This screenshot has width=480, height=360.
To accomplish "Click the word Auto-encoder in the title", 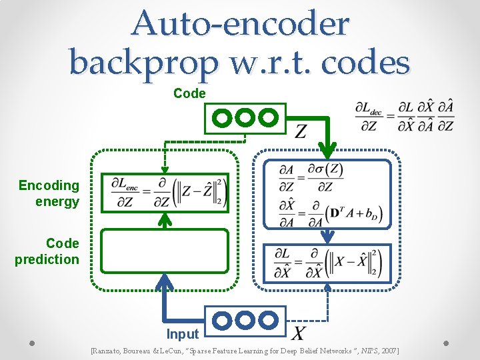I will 240,24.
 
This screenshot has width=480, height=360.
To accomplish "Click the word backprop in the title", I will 143,63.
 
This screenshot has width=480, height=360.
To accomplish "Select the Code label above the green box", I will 189,94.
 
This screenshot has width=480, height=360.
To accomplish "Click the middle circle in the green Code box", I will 245,118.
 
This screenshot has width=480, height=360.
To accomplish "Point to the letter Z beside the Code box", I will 301,131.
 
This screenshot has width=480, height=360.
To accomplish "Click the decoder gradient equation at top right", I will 405,117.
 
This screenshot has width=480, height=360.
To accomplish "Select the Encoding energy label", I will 49,193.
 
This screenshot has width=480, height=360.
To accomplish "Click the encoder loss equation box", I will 165,193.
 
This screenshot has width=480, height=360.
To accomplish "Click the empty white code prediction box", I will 165,251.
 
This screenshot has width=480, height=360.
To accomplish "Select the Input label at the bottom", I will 183,334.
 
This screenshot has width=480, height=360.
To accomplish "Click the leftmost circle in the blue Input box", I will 223,320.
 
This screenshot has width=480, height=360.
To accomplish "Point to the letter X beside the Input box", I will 301,332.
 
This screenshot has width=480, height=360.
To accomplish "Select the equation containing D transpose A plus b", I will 325,213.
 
